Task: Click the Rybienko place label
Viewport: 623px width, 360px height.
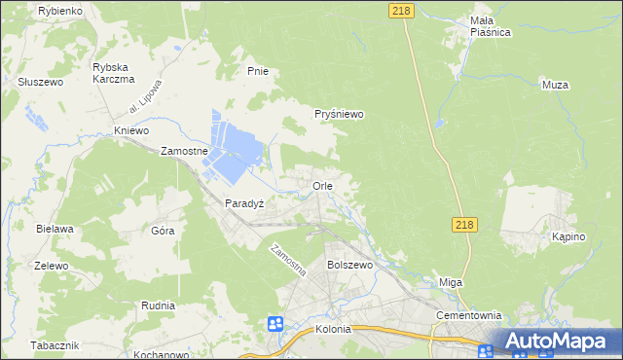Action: tap(58, 10)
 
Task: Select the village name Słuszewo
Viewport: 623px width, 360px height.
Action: tap(40, 83)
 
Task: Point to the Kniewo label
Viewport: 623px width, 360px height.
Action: tap(131, 130)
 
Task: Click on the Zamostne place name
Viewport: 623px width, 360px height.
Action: tap(185, 152)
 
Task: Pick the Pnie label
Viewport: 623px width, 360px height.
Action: tap(257, 71)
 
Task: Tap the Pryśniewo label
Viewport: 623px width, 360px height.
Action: tap(339, 114)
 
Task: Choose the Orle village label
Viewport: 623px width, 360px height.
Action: tap(323, 185)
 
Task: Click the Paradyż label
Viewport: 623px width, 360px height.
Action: tap(244, 203)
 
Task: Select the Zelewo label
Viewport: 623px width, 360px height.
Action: tap(51, 266)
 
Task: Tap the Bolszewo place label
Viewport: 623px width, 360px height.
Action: tap(350, 265)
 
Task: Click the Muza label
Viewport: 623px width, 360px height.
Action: tap(554, 85)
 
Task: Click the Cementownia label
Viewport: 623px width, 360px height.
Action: tap(469, 315)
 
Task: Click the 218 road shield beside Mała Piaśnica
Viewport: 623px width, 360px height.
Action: tap(400, 10)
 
